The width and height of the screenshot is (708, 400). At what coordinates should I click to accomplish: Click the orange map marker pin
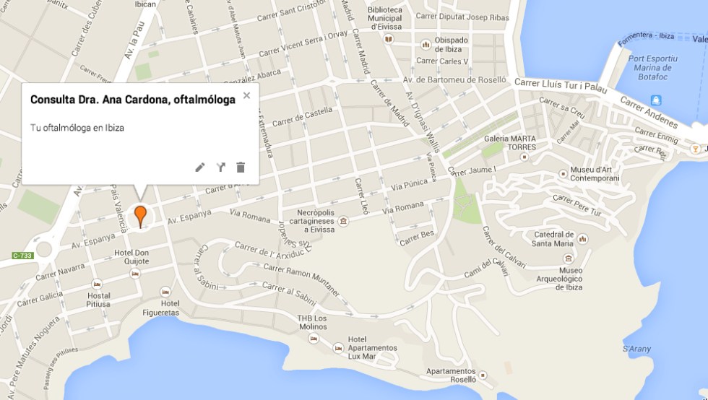(140, 214)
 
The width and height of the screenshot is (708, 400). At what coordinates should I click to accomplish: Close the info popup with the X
(246, 95)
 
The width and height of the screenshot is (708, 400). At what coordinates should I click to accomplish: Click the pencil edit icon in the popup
(200, 168)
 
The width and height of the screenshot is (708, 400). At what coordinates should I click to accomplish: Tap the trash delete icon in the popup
(241, 168)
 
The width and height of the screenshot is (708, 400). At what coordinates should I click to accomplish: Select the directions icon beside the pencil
(220, 168)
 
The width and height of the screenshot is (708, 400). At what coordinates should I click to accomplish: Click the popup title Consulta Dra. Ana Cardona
(133, 100)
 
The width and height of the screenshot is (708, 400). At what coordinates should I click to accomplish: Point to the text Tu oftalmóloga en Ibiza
(77, 128)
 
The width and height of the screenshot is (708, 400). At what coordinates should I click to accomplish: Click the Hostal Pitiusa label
(98, 300)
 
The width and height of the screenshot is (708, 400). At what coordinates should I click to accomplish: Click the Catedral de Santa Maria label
(553, 238)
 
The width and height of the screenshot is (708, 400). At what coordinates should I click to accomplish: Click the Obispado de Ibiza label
(451, 44)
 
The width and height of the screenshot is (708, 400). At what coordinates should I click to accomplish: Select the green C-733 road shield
(23, 256)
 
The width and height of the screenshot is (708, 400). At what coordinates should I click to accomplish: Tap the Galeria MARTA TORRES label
(510, 142)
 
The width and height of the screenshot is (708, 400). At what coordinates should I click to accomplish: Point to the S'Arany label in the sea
(636, 349)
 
